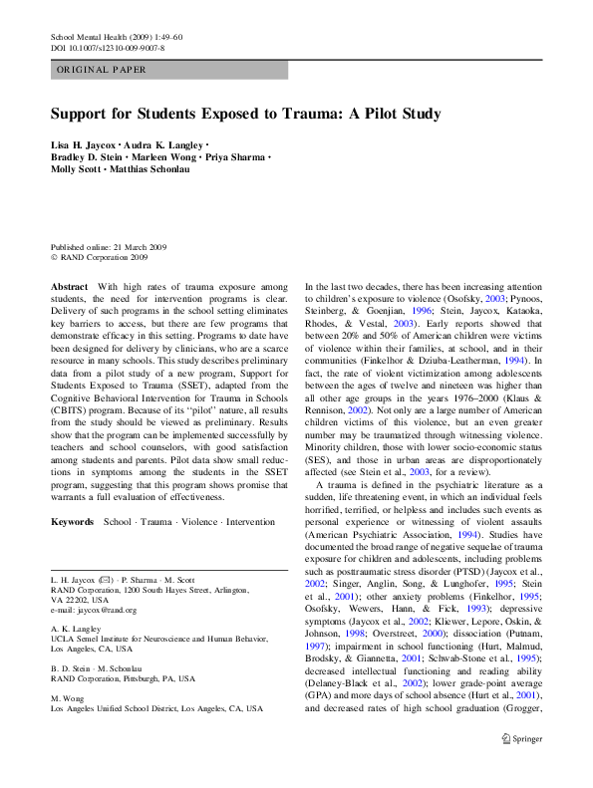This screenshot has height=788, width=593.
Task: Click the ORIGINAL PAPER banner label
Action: [101, 71]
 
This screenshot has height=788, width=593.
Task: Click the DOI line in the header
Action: [108, 48]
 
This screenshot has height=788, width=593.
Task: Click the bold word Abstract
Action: [69, 286]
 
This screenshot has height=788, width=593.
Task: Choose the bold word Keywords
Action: [73, 522]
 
